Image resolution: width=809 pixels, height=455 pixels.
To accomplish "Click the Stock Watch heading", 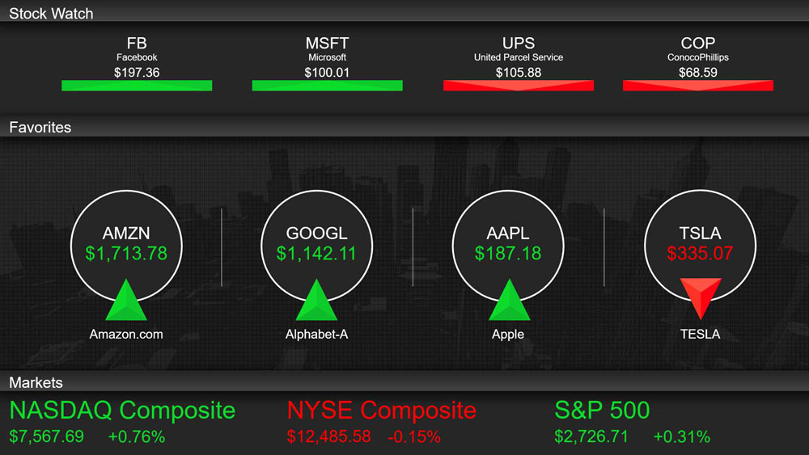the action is pyautogui.click(x=51, y=14).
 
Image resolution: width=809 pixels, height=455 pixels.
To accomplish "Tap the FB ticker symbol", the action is pyautogui.click(x=137, y=43).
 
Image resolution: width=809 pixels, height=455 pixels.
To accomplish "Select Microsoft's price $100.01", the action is pyautogui.click(x=327, y=73).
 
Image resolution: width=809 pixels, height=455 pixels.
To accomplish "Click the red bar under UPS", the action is pyautogui.click(x=519, y=86).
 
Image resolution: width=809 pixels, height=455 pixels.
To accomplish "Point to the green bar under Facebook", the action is pyautogui.click(x=137, y=86).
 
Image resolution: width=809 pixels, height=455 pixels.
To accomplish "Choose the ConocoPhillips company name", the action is pyautogui.click(x=698, y=57).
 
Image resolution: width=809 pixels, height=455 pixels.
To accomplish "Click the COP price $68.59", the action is pyautogui.click(x=698, y=73).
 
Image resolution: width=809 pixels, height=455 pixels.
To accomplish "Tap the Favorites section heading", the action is pyautogui.click(x=40, y=127).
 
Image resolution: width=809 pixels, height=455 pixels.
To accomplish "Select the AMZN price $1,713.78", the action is pyautogui.click(x=126, y=254).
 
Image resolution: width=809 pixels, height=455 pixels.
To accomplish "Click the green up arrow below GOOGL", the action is pyautogui.click(x=316, y=301).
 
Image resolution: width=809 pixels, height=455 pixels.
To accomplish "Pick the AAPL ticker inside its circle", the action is pyautogui.click(x=508, y=234).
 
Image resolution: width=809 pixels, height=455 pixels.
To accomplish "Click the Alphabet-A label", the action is pyautogui.click(x=317, y=335).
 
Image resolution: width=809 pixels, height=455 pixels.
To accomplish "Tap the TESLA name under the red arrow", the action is pyautogui.click(x=700, y=335).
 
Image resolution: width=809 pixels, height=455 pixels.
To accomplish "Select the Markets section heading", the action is pyautogui.click(x=36, y=382).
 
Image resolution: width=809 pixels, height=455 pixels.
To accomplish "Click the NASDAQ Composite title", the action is pyautogui.click(x=123, y=411).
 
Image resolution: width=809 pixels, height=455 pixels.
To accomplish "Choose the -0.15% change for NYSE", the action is pyautogui.click(x=414, y=437).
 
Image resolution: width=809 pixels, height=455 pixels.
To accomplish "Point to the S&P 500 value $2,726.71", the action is pyautogui.click(x=591, y=437).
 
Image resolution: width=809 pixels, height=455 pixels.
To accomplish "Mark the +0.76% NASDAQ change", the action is pyautogui.click(x=137, y=437).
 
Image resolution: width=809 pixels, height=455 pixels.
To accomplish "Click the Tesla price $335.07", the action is pyautogui.click(x=700, y=254).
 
